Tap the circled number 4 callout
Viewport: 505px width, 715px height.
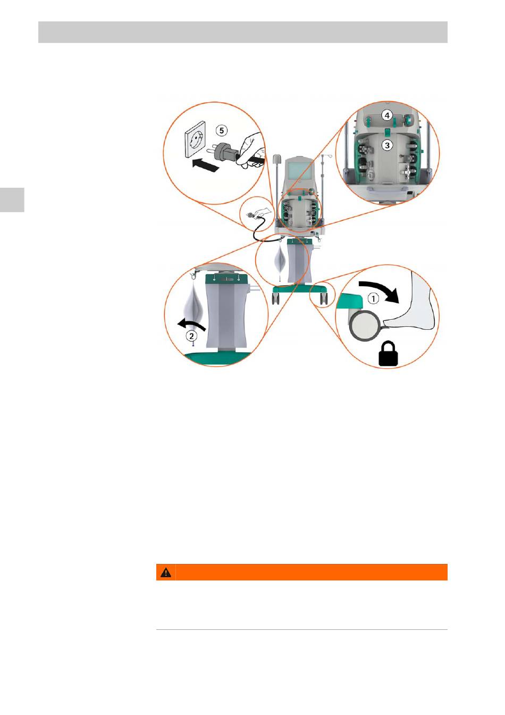click(x=387, y=115)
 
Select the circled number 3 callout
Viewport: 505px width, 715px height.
click(x=387, y=144)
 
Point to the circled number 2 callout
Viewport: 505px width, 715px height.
click(x=190, y=336)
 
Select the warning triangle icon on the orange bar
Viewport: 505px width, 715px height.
click(x=166, y=572)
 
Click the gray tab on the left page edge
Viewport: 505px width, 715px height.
click(x=12, y=199)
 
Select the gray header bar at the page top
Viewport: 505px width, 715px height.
click(x=242, y=32)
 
